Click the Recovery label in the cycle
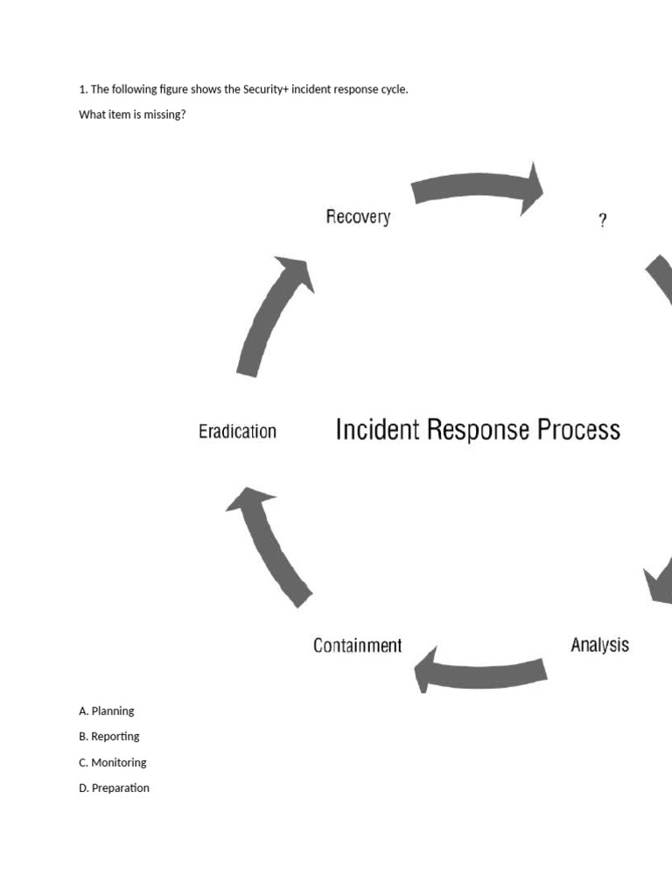358,217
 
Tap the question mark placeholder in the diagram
602,221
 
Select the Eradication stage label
237,431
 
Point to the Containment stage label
357,646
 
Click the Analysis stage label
599,646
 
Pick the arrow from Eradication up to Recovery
271,314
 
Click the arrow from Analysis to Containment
480,670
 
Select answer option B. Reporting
108,737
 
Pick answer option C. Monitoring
112,762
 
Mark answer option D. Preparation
114,787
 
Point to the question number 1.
82,89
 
